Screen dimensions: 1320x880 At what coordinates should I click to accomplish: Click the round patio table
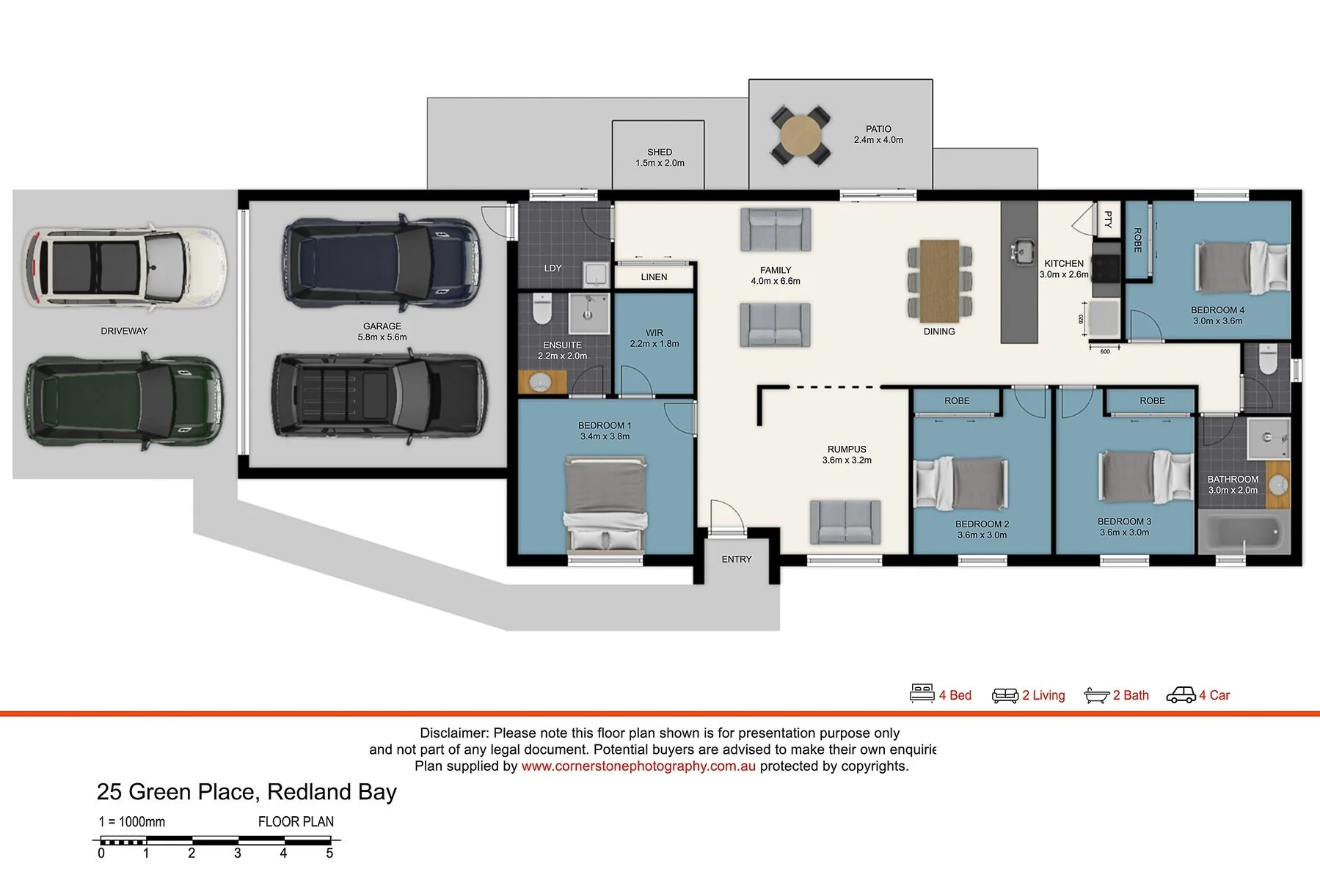pyautogui.click(x=801, y=136)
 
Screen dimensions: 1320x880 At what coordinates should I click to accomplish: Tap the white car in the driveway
pyautogui.click(x=124, y=265)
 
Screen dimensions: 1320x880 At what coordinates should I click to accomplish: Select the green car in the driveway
pyautogui.click(x=124, y=400)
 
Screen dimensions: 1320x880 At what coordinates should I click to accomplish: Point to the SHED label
pyautogui.click(x=660, y=152)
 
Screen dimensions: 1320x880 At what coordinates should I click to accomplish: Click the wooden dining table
pyautogui.click(x=939, y=281)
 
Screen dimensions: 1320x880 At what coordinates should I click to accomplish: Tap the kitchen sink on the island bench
pyautogui.click(x=1021, y=252)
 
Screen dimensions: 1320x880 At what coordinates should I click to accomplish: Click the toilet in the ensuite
pyautogui.click(x=542, y=309)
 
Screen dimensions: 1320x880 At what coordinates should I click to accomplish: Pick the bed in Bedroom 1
pyautogui.click(x=606, y=504)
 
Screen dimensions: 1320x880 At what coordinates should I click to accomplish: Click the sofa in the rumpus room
pyautogui.click(x=845, y=522)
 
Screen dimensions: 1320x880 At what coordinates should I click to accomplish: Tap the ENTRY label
pyautogui.click(x=737, y=560)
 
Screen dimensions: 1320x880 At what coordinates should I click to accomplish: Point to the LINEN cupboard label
pyautogui.click(x=654, y=277)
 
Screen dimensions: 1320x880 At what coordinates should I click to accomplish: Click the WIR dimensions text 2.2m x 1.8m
pyautogui.click(x=654, y=344)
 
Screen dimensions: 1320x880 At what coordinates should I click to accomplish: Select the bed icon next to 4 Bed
pyautogui.click(x=922, y=694)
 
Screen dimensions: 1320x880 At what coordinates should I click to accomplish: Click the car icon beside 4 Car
pyautogui.click(x=1181, y=694)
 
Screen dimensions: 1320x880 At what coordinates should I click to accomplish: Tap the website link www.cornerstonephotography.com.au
pyautogui.click(x=638, y=766)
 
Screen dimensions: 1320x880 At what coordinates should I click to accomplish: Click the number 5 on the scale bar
pyautogui.click(x=329, y=854)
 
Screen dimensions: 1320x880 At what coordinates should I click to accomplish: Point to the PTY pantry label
pyautogui.click(x=1108, y=219)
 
